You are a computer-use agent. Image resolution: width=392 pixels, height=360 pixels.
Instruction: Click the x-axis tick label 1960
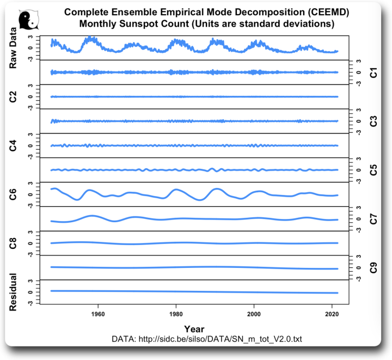[x=98, y=315]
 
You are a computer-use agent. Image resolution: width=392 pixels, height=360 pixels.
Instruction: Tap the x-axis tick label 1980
[x=176, y=315]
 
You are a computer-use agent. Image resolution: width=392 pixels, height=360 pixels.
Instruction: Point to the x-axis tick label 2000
[x=254, y=315]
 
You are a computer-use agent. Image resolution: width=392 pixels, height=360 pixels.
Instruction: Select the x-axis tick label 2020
[x=332, y=315]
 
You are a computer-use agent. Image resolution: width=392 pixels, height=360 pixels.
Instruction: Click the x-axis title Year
[x=194, y=328]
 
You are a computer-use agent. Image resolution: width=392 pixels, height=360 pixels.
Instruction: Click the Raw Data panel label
[x=14, y=48]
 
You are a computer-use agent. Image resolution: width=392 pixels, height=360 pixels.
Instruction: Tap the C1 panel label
[x=373, y=72]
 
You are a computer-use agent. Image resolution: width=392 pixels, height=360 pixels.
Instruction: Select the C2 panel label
[x=14, y=97]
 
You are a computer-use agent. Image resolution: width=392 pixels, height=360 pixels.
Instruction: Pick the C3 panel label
[x=373, y=121]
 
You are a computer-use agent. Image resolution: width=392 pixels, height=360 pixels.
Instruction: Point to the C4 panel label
[x=14, y=145]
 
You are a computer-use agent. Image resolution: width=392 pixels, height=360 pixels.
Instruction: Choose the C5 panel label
[x=373, y=170]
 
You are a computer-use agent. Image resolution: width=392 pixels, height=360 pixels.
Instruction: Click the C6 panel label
[x=14, y=194]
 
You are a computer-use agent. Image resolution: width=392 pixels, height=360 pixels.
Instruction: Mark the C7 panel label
[x=373, y=219]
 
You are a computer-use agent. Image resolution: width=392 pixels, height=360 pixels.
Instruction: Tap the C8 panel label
[x=14, y=243]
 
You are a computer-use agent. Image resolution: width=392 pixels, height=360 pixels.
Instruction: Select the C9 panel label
[x=373, y=267]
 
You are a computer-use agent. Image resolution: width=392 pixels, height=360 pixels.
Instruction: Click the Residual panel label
[x=14, y=292]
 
